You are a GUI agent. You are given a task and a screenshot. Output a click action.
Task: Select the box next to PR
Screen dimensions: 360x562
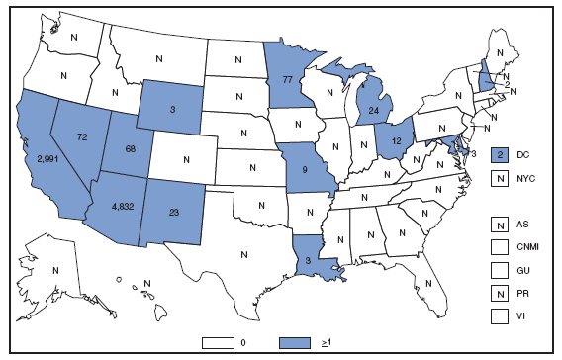click(501, 289)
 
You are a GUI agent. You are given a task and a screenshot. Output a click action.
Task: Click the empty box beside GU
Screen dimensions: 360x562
click(501, 267)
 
